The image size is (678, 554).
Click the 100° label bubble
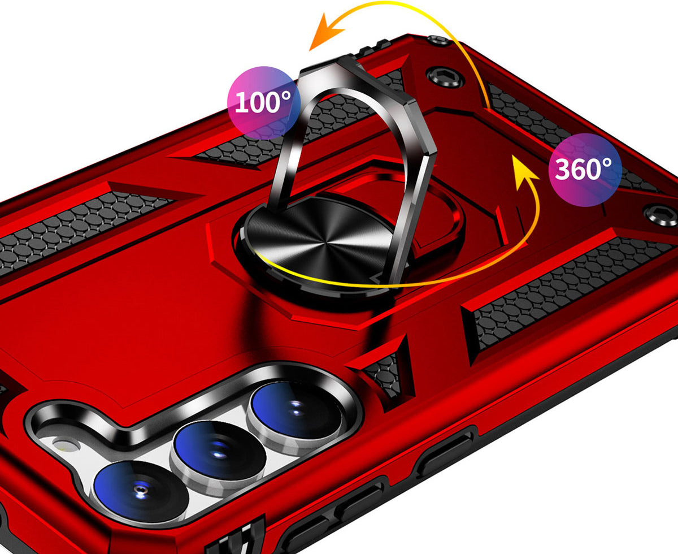click(264, 103)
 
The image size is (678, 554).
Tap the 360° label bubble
click(585, 170)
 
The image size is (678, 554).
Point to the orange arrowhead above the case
click(325, 33)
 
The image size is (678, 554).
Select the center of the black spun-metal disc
click(321, 243)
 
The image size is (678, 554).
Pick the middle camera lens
click(219, 451)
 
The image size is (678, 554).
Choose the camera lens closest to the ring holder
click(297, 410)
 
